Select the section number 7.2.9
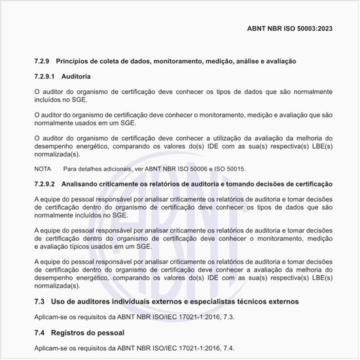(x=43, y=61)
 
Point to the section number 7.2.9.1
(x=46, y=77)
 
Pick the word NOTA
(x=43, y=169)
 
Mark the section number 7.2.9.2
(x=46, y=184)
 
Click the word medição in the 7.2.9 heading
(x=230, y=61)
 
